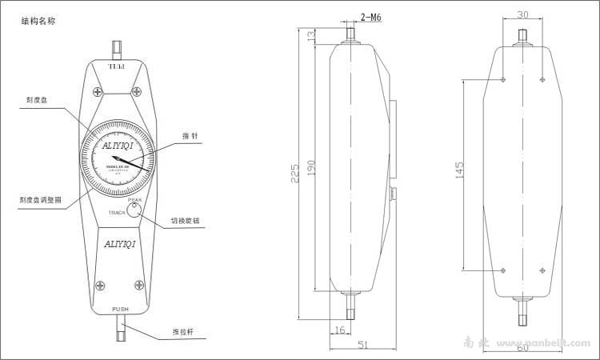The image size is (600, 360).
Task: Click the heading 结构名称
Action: click(x=38, y=22)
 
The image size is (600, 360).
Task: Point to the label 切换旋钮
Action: click(x=186, y=222)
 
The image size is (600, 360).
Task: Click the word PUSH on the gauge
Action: click(x=120, y=309)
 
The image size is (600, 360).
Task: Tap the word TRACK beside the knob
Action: click(x=118, y=213)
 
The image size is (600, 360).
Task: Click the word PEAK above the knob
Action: click(x=134, y=200)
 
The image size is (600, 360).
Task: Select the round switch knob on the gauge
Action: click(x=135, y=210)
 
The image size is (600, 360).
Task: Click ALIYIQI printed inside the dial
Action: click(x=120, y=146)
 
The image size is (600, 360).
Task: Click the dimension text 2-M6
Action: click(x=372, y=16)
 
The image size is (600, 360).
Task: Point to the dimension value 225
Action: click(x=298, y=172)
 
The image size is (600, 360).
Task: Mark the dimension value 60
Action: click(x=522, y=347)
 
